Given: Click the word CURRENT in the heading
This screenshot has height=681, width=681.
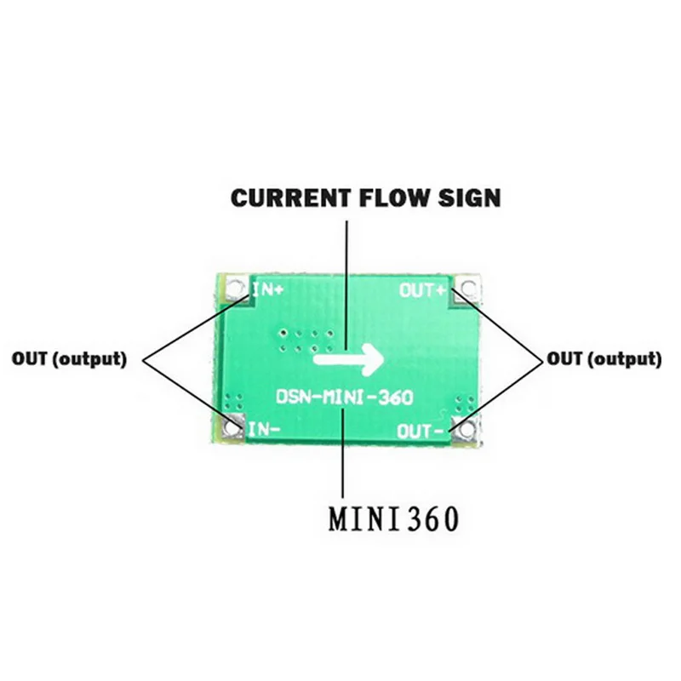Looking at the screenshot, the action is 289,198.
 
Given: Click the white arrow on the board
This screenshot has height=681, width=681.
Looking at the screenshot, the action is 348,359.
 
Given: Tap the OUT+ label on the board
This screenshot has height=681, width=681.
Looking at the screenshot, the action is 423,290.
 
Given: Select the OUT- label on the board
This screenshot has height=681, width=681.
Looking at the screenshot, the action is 421,432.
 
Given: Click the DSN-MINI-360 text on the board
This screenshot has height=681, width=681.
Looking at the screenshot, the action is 344,397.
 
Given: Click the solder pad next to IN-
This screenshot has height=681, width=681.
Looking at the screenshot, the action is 232,429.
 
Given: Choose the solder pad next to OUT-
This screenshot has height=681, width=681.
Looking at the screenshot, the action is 462,432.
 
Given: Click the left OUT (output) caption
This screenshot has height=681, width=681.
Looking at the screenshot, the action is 69,359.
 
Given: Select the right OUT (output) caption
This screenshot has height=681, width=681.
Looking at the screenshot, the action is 604,359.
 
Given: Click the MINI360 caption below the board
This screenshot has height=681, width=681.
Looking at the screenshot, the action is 394,517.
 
